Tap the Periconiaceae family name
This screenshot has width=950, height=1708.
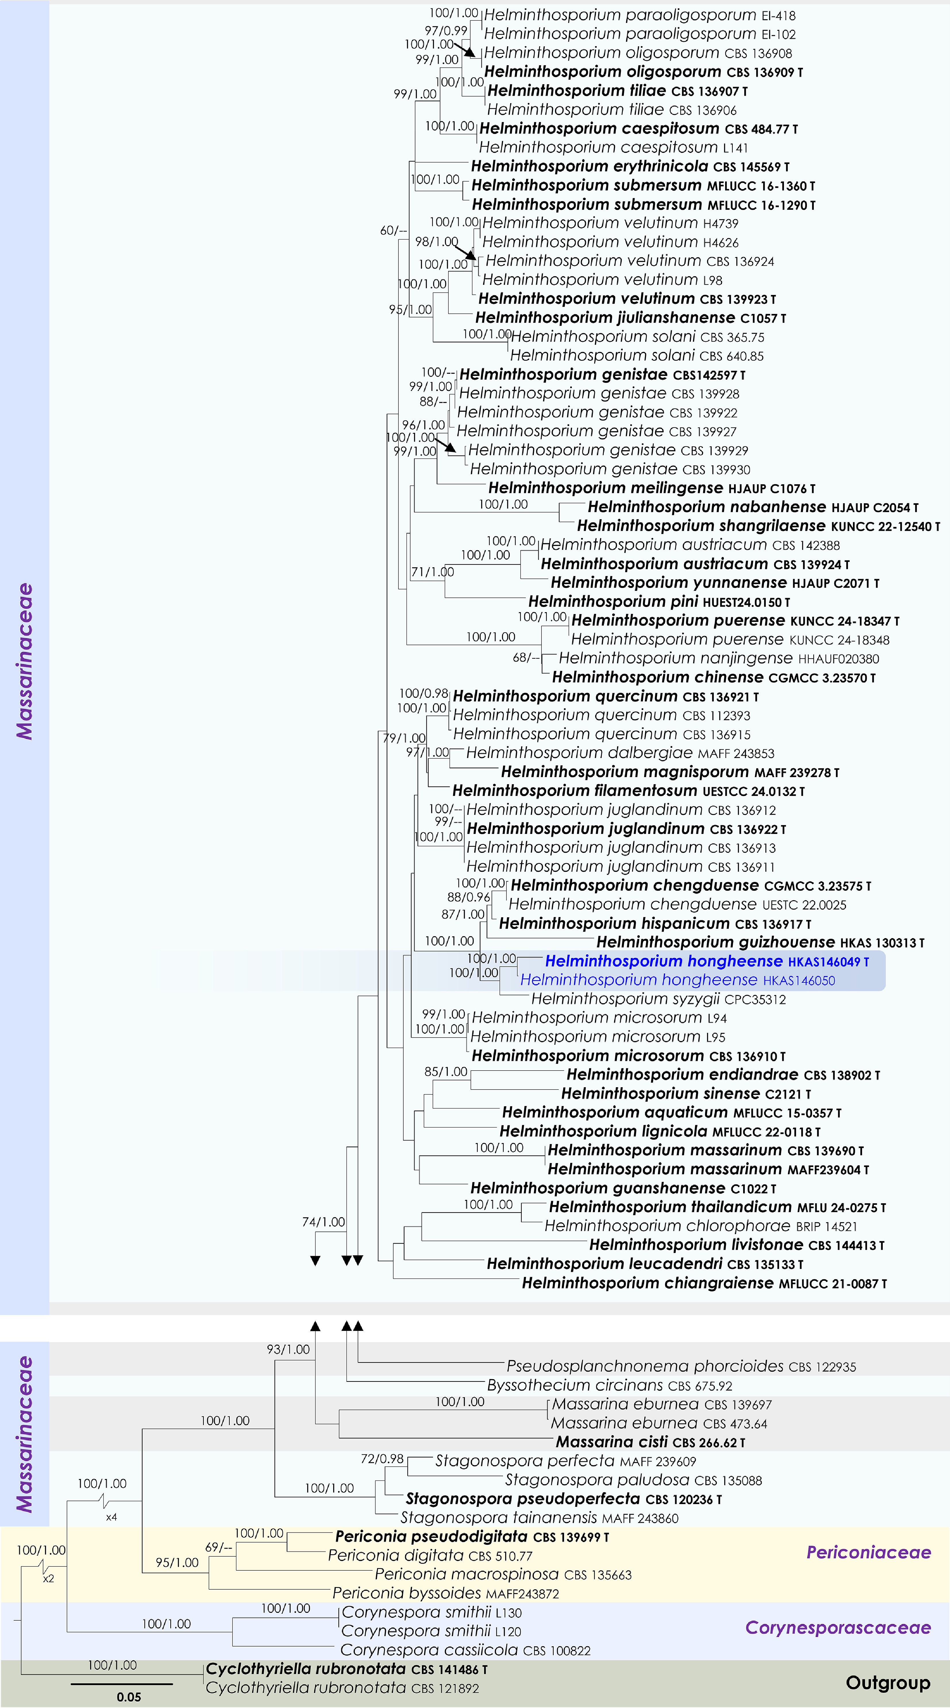[x=868, y=1552]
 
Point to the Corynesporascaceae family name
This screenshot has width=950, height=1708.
[x=838, y=1628]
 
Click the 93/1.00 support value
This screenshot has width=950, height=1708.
[x=288, y=1349]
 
